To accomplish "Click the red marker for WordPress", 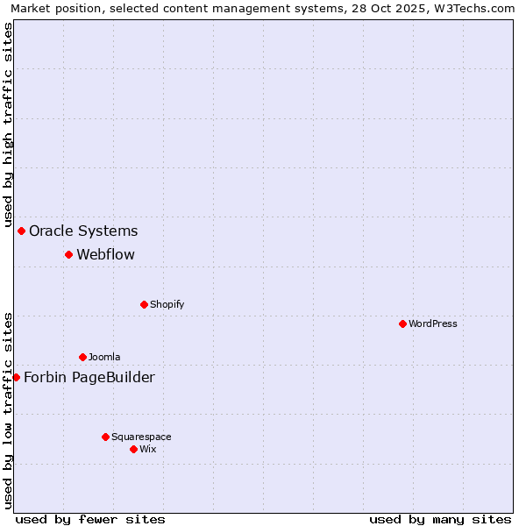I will pyautogui.click(x=402, y=323).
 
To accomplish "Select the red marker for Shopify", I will pyautogui.click(x=144, y=304).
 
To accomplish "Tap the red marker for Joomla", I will pyautogui.click(x=82, y=357).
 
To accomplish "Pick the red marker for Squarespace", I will pyautogui.click(x=105, y=437).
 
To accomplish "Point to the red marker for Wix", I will pyautogui.click(x=133, y=449).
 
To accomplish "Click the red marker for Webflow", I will pyautogui.click(x=68, y=254).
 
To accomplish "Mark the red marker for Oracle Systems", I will pyautogui.click(x=21, y=231).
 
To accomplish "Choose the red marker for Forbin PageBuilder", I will pyautogui.click(x=16, y=377).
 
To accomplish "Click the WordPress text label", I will pyautogui.click(x=433, y=323).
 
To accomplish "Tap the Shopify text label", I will pyautogui.click(x=167, y=304).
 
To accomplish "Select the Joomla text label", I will pyautogui.click(x=104, y=357).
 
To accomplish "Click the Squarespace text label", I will pyautogui.click(x=141, y=437).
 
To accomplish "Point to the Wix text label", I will pyautogui.click(x=148, y=449).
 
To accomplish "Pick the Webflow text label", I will pyautogui.click(x=106, y=254).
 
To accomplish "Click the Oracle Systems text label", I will pyautogui.click(x=83, y=231).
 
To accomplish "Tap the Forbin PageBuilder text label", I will pyautogui.click(x=89, y=377).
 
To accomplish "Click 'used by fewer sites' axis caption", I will pyautogui.click(x=90, y=519).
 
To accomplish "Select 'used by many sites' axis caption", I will pyautogui.click(x=440, y=519).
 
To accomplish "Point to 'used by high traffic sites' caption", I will pyautogui.click(x=8, y=125).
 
